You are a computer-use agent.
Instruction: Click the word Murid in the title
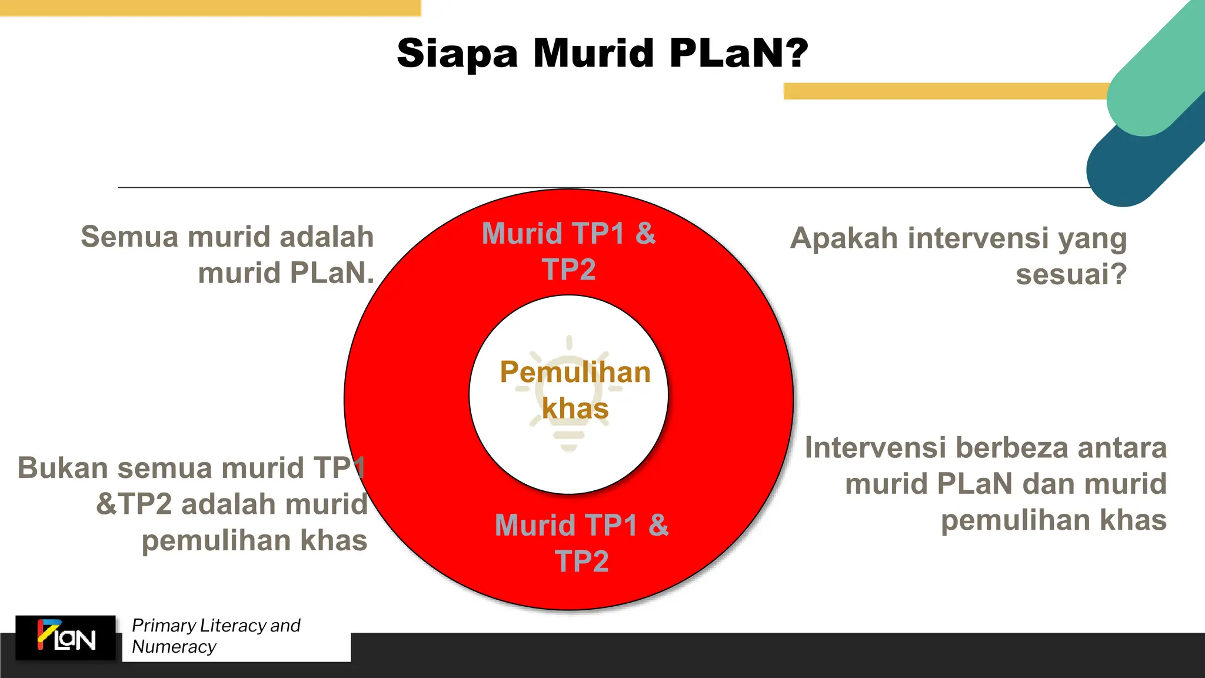tap(593, 53)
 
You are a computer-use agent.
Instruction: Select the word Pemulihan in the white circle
tap(575, 373)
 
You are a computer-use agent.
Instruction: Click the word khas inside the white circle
tap(575, 408)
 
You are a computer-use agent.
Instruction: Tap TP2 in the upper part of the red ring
tap(568, 270)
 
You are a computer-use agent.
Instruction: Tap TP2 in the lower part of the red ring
tap(581, 561)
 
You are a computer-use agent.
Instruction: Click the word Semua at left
tap(129, 237)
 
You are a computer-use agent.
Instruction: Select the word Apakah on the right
tap(844, 239)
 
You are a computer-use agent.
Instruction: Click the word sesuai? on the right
tap(1071, 275)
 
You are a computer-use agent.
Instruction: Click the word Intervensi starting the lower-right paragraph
tap(875, 448)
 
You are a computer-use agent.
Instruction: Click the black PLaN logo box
tap(65, 638)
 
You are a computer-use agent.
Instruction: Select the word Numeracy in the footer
tap(174, 647)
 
